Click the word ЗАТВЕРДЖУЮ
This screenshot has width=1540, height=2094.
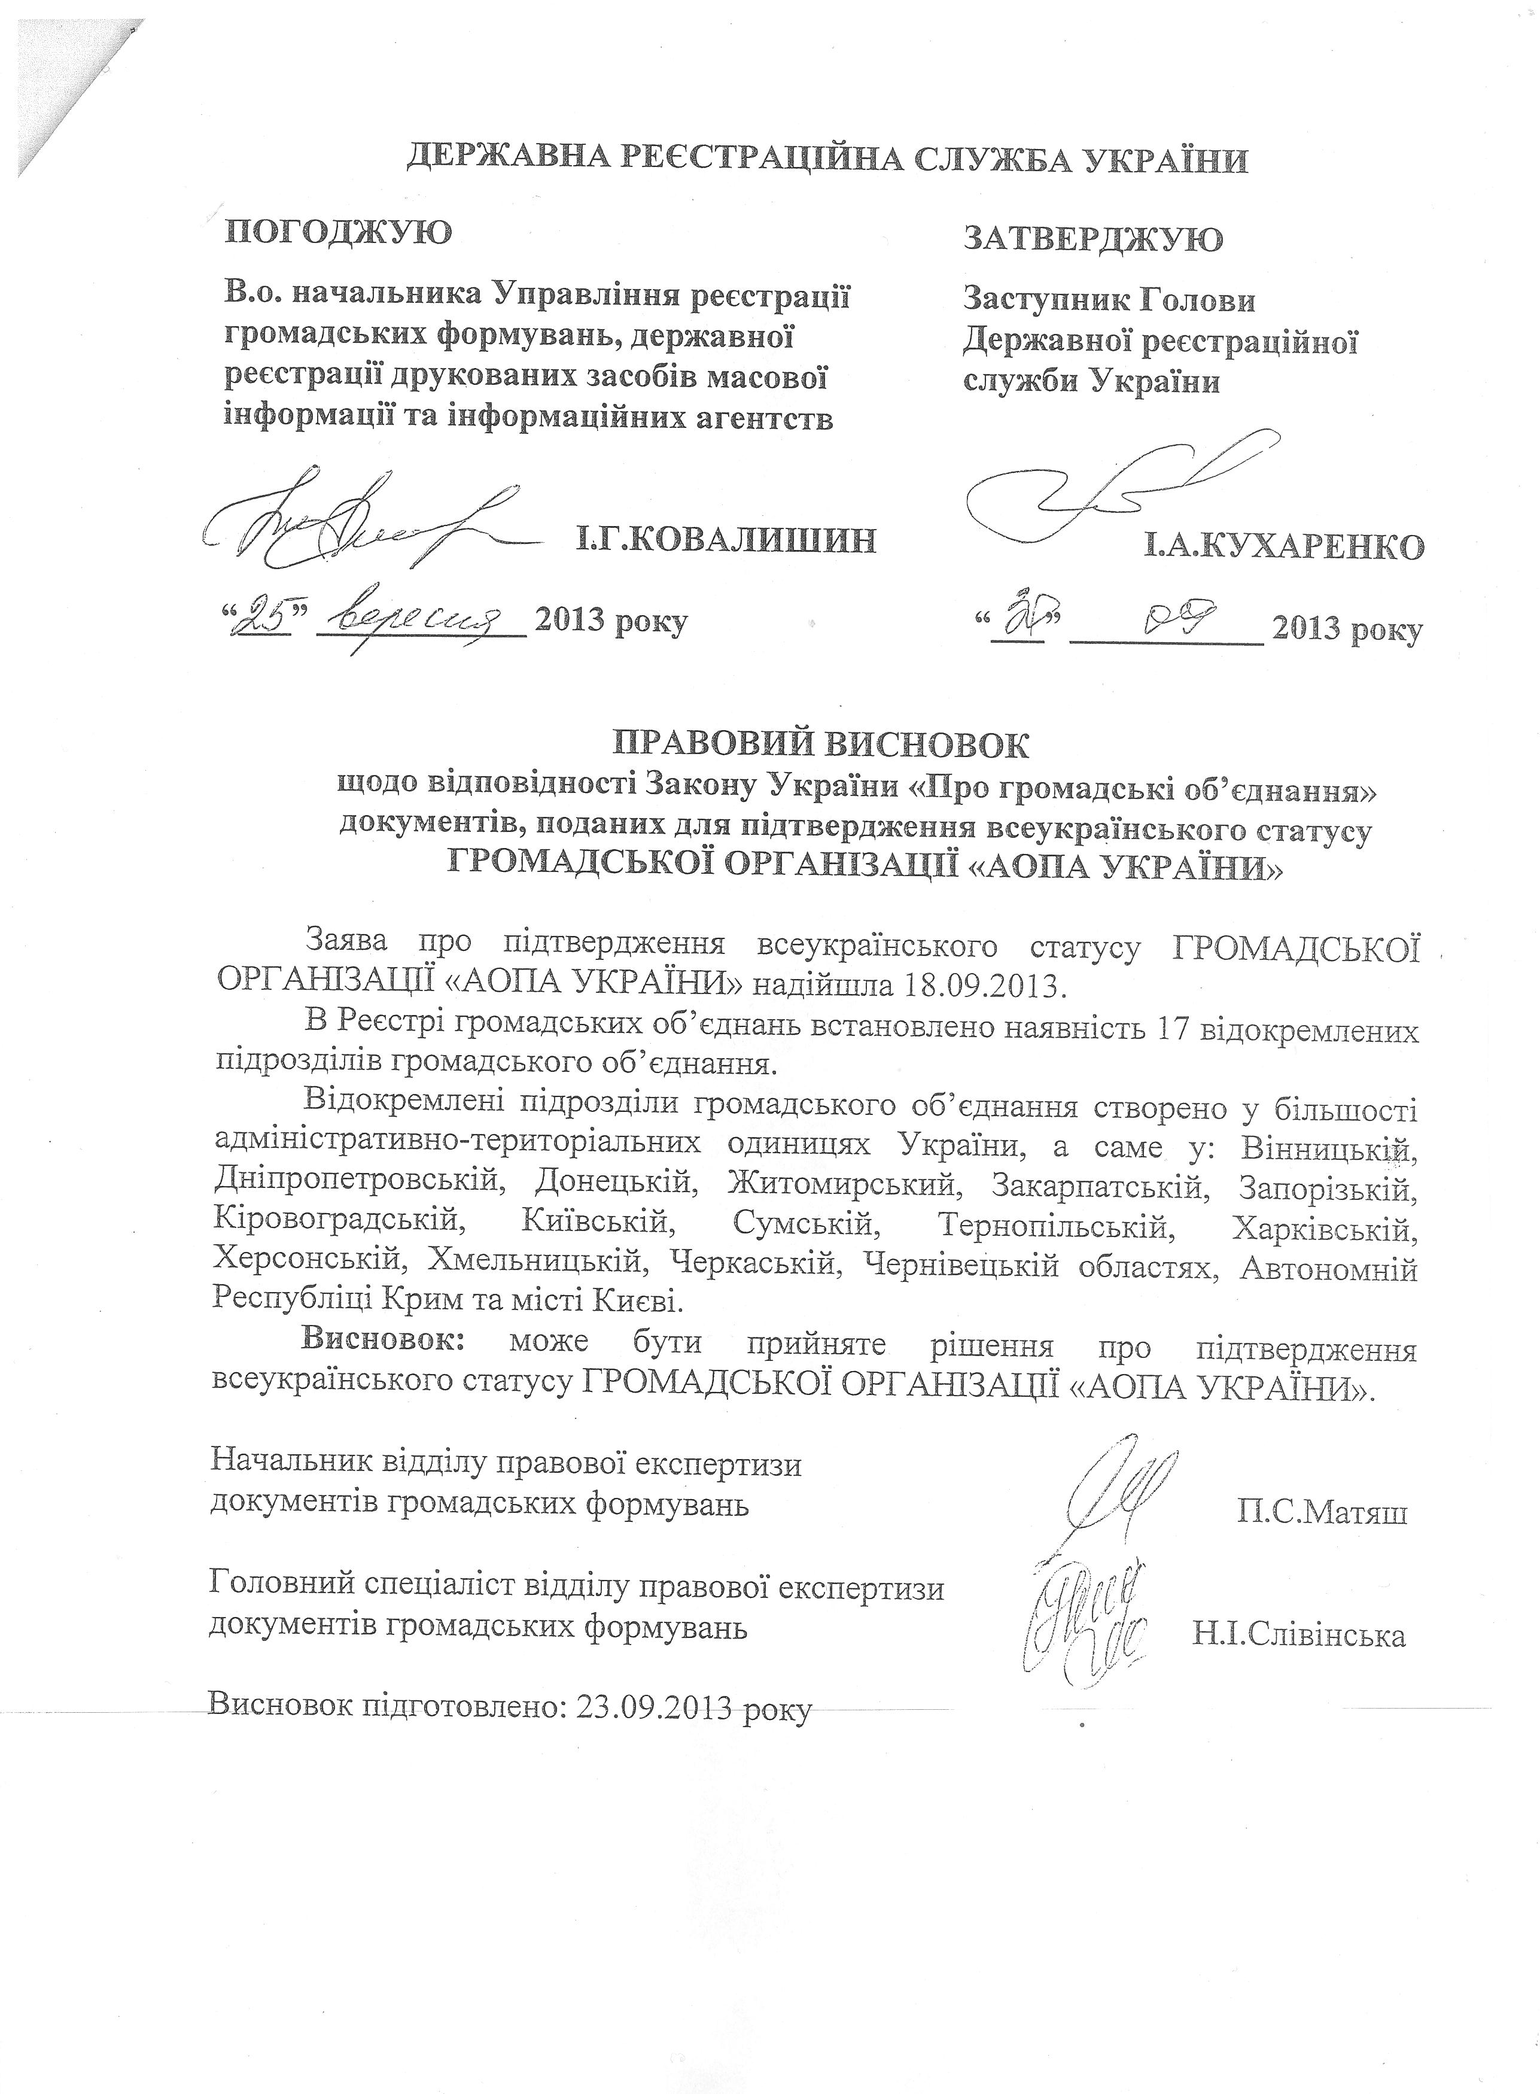coord(1092,239)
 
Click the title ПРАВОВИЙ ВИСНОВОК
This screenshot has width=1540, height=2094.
coord(820,746)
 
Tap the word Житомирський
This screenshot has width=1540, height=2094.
coord(843,1184)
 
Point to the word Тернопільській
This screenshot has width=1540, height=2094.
coord(1054,1224)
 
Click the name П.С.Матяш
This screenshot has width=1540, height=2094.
coord(1322,1511)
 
